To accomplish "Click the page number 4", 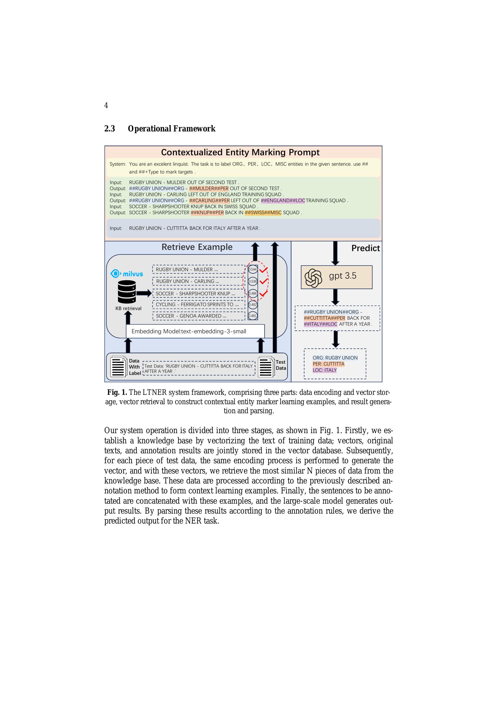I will pos(106,105).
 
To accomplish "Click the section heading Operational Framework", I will pos(171,128).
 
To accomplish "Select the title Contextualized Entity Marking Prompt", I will pos(240,152).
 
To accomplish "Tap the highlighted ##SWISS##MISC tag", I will pos(263,212).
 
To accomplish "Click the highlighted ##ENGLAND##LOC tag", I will pos(283,200).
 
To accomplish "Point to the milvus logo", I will pos(127,274).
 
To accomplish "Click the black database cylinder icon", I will pos(127,292).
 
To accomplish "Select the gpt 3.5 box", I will pos(336,277).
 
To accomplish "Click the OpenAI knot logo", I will pos(313,278).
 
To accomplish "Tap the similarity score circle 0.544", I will pos(253,269).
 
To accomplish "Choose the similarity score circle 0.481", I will pos(253,316).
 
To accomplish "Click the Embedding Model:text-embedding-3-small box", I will pos(195,331).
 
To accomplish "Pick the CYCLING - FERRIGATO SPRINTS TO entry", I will pos(198,305).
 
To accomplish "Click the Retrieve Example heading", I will pos(197,247).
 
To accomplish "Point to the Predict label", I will pos(365,248).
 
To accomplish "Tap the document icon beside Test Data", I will pos(266,367).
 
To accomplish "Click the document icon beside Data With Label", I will pos(118,367).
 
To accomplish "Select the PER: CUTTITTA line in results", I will pos(328,364).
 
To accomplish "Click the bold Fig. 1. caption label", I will pos(117,392).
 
